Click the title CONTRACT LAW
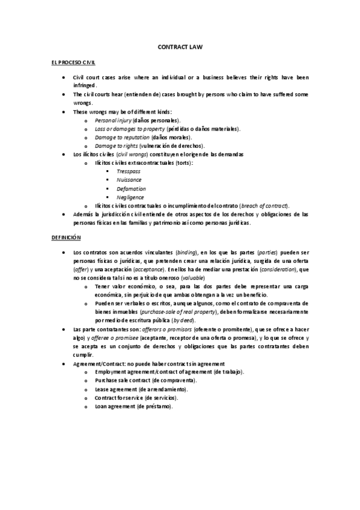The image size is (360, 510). click(x=180, y=46)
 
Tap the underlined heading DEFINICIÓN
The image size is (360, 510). click(x=66, y=238)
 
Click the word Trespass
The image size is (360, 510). click(x=128, y=171)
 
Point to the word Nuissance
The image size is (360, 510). click(x=129, y=180)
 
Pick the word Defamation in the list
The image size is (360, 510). click(x=131, y=188)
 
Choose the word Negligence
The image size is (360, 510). click(x=130, y=197)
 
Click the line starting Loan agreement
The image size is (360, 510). click(x=133, y=407)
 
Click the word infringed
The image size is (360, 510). click(x=84, y=85)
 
